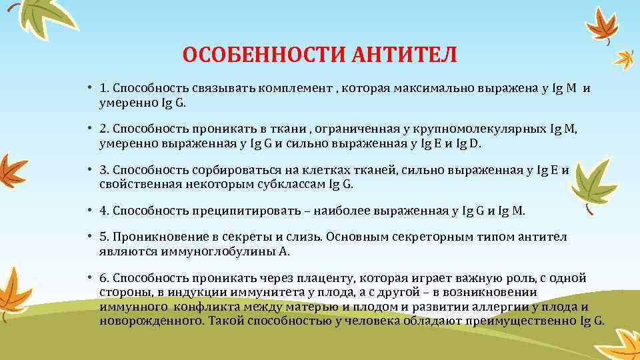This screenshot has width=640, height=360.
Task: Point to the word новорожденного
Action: coord(152,320)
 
